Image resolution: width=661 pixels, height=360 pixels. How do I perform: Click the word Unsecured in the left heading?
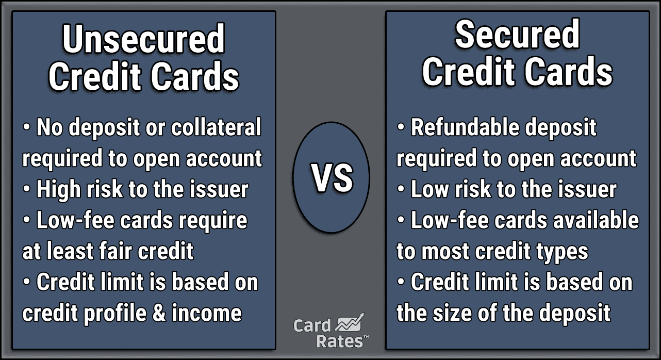144,40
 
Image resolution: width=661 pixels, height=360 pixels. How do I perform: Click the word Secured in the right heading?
517,35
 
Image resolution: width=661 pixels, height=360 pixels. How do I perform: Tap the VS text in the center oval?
332,178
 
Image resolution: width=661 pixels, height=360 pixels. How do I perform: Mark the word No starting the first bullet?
49,128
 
